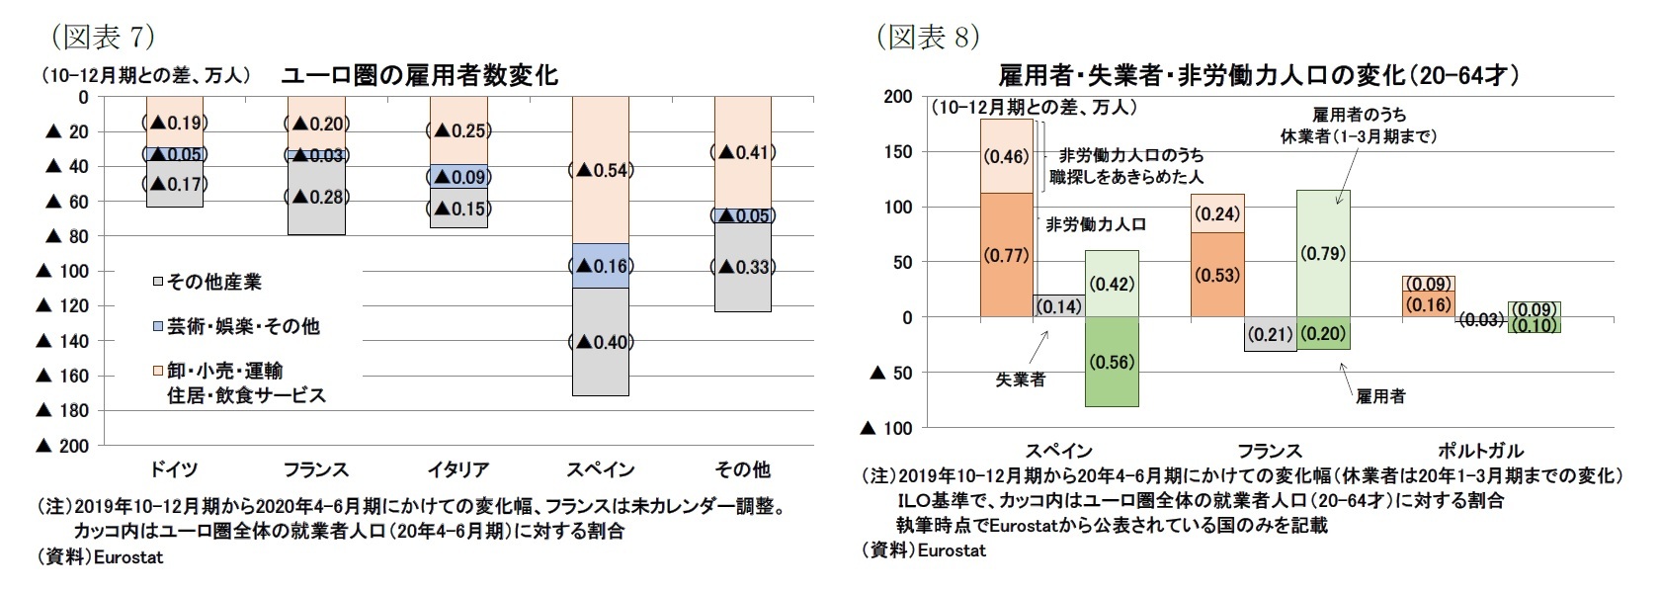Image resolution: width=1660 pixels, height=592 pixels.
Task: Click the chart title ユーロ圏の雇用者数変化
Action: click(420, 75)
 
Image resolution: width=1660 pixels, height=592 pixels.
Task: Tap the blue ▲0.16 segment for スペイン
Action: click(600, 266)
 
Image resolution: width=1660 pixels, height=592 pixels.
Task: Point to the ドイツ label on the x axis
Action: click(174, 468)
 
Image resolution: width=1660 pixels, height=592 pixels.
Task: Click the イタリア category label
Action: click(457, 468)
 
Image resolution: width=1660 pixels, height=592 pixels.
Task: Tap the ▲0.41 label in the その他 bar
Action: click(742, 152)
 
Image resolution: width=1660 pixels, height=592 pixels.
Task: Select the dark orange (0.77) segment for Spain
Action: click(1006, 255)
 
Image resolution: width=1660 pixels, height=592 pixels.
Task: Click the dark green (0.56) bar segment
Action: click(1112, 362)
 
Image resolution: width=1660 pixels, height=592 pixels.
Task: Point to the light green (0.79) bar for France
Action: click(1323, 253)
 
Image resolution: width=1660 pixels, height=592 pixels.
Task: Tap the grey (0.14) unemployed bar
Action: click(1058, 306)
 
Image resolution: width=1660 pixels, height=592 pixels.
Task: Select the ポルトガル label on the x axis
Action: click(1480, 451)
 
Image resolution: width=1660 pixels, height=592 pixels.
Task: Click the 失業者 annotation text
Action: click(1020, 380)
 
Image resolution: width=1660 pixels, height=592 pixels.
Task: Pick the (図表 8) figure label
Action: click(928, 38)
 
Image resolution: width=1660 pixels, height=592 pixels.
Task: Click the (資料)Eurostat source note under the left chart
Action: click(101, 557)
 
